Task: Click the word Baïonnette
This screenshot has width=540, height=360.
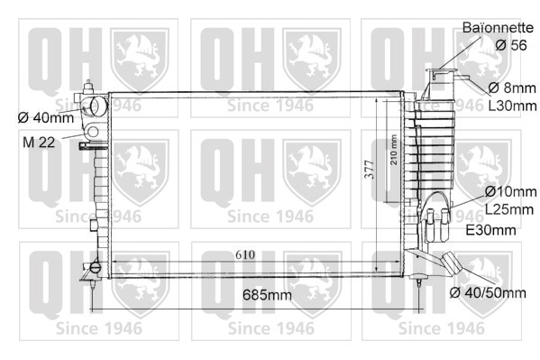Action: click(498, 28)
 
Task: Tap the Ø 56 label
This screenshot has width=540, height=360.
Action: click(511, 45)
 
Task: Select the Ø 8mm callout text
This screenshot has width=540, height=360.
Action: click(512, 88)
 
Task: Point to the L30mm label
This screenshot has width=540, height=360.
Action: click(512, 106)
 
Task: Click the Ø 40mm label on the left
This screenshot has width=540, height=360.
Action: click(46, 117)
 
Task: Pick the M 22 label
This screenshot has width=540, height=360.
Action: click(39, 142)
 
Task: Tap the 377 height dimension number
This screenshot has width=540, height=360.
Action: click(370, 170)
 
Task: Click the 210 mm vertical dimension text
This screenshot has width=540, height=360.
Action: click(394, 150)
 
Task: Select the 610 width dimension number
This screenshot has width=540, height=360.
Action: click(245, 254)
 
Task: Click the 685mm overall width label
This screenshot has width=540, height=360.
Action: click(267, 295)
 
